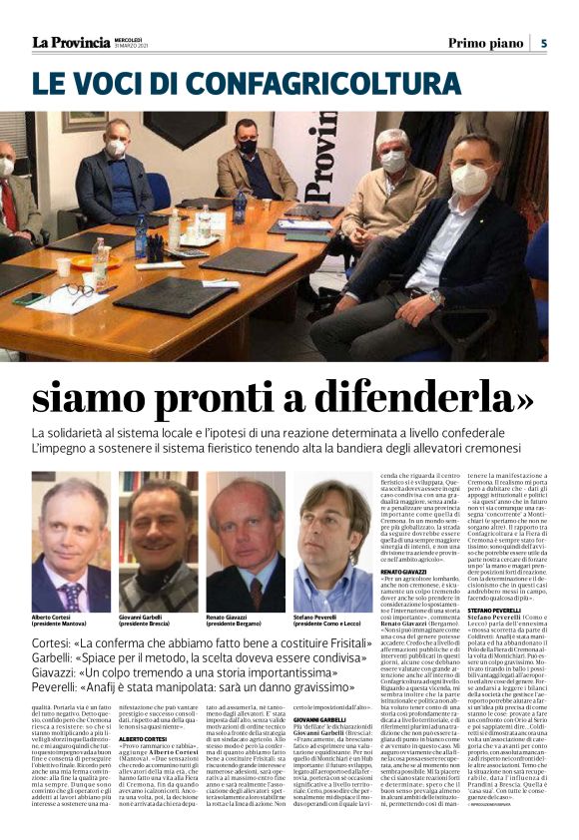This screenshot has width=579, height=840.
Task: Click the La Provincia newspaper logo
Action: point(71,43)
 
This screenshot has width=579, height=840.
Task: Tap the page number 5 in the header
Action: point(544,43)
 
